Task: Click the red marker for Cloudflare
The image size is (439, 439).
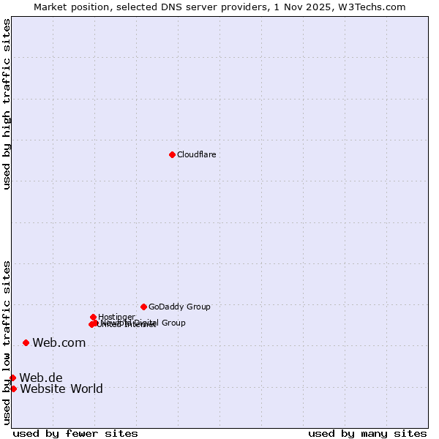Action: tap(172, 154)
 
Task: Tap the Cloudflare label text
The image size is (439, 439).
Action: tap(196, 154)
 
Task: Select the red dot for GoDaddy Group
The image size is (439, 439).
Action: tap(143, 307)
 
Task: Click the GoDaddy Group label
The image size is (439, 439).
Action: tap(179, 307)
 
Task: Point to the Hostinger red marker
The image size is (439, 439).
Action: tap(93, 317)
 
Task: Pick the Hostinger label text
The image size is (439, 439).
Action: tap(116, 317)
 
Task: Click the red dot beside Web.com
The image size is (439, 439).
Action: tap(26, 342)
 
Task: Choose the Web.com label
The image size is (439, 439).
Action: tap(59, 342)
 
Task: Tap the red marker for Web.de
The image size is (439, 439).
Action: tap(12, 378)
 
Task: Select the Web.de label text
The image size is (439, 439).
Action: tap(41, 378)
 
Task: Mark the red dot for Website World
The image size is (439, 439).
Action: tap(13, 389)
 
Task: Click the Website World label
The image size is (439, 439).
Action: tap(61, 389)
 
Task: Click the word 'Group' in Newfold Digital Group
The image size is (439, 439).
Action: tap(173, 323)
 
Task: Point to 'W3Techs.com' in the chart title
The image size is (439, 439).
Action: tap(375, 7)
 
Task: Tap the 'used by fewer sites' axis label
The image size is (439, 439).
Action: tap(75, 433)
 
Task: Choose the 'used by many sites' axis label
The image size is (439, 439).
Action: tap(367, 433)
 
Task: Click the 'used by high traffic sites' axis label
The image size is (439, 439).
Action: tap(7, 104)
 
